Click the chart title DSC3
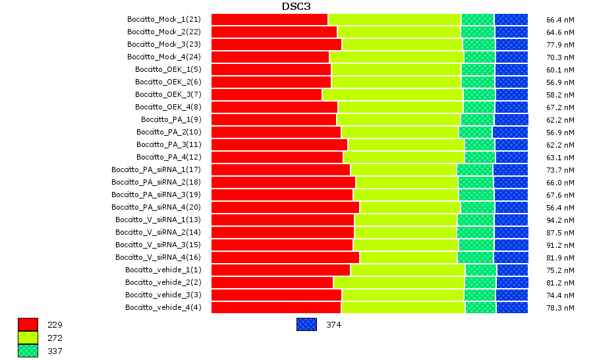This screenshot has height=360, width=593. point(296,7)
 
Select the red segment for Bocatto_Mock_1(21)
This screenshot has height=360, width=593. point(269,19)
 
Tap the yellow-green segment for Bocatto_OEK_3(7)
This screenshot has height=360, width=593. point(393,94)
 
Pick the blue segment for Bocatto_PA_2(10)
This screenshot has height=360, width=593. point(510,132)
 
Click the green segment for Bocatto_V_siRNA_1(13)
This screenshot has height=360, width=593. point(476,220)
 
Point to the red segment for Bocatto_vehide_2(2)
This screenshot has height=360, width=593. point(272,282)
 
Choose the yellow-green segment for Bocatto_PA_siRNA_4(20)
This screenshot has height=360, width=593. point(410,207)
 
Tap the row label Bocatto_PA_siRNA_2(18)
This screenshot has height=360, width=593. point(155,182)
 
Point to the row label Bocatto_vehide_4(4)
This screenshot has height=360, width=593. point(163,307)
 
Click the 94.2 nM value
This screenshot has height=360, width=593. point(560,220)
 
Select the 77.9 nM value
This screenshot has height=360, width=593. point(560,44)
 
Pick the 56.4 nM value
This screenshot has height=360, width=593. point(560,207)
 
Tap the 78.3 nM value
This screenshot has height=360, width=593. point(560,307)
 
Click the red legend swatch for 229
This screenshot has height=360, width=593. point(28,324)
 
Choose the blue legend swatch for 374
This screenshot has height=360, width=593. point(306,324)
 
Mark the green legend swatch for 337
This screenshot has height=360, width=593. point(28,351)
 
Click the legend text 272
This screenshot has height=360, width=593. point(55,338)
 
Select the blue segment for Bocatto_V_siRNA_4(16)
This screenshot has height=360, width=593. point(511,257)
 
